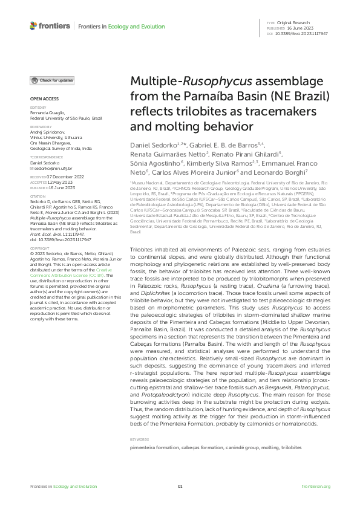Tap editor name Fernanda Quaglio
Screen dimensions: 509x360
(48, 115)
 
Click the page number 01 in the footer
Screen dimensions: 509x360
(180, 487)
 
